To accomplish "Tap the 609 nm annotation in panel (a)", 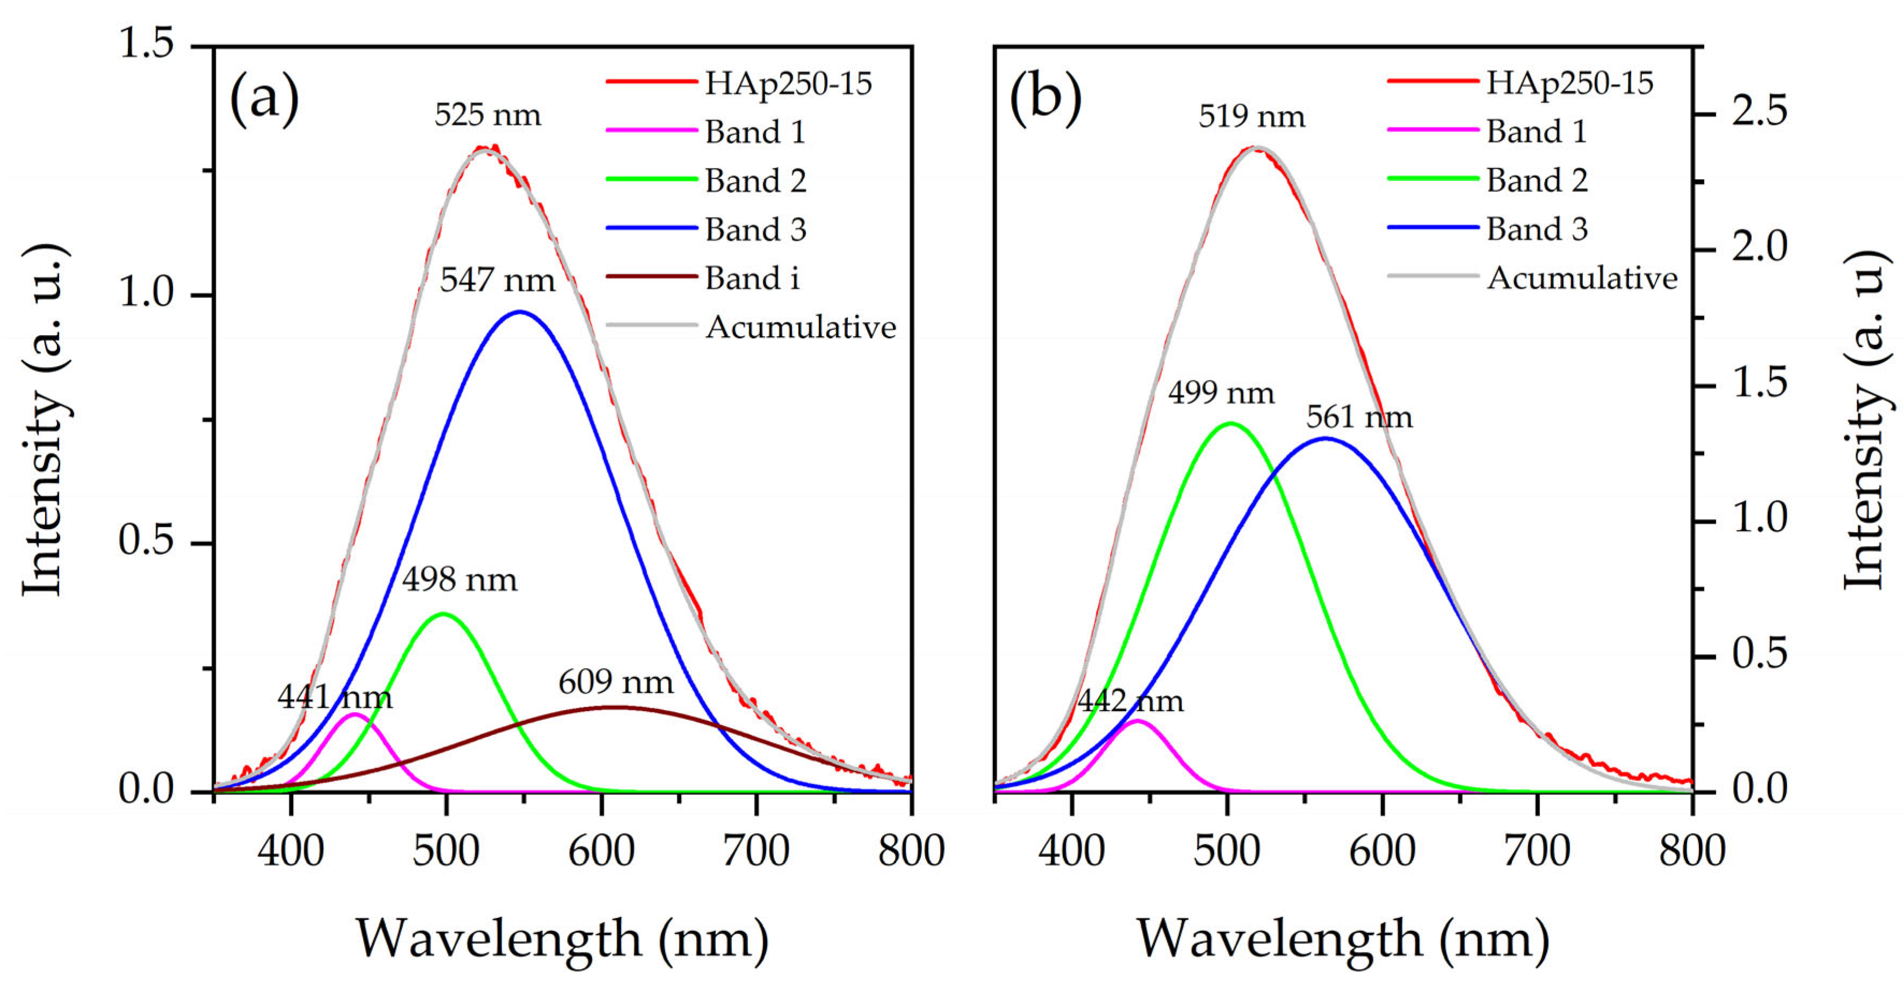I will (616, 682).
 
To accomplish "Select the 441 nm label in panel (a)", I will (335, 697).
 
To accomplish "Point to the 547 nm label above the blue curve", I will (497, 280).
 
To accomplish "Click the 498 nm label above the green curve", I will (460, 580).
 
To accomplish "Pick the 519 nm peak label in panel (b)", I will (1252, 117).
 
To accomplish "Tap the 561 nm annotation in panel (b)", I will (1358, 418).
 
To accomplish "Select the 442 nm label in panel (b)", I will (1130, 701).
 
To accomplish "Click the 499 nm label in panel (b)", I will (1221, 393).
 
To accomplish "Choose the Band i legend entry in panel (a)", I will (752, 279).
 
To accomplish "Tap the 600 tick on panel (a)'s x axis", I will (601, 851).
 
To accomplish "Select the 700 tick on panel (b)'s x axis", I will (1537, 851).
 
